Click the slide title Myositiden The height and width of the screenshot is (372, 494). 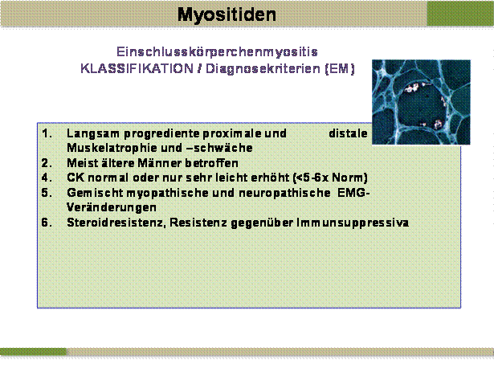(x=227, y=14)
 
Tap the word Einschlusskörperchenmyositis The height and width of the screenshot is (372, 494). (x=217, y=51)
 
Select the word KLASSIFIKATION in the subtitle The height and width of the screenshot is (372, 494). (x=137, y=68)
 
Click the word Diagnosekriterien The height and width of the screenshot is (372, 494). (x=263, y=68)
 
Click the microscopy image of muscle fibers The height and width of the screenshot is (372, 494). (x=421, y=102)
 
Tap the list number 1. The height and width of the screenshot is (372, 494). (x=47, y=133)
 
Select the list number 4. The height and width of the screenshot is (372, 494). (x=47, y=178)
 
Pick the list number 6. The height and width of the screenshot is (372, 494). (x=47, y=223)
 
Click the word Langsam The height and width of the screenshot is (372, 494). (x=93, y=134)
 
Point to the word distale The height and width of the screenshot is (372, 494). (x=348, y=133)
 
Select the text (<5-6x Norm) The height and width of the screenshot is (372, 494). (x=330, y=178)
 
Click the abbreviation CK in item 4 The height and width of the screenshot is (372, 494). (x=76, y=178)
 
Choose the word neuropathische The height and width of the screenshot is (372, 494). (x=285, y=193)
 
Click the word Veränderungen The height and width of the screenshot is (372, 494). (x=112, y=208)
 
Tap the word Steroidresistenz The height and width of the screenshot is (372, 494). (x=116, y=223)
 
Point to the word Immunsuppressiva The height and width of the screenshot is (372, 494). (x=353, y=223)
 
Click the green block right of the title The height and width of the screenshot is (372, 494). (x=460, y=13)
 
